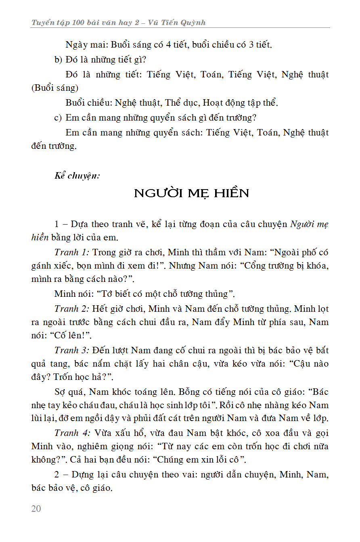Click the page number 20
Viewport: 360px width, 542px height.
(x=36, y=509)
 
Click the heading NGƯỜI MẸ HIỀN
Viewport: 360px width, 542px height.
(x=191, y=193)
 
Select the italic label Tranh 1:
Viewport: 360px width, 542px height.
(x=72, y=252)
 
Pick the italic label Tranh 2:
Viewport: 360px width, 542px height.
(x=72, y=309)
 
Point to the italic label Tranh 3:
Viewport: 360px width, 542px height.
(x=72, y=350)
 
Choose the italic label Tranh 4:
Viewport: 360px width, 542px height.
(x=72, y=433)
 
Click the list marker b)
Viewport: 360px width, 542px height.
(x=58, y=60)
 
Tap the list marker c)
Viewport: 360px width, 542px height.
(x=58, y=118)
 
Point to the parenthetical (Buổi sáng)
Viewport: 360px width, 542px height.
(x=54, y=88)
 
